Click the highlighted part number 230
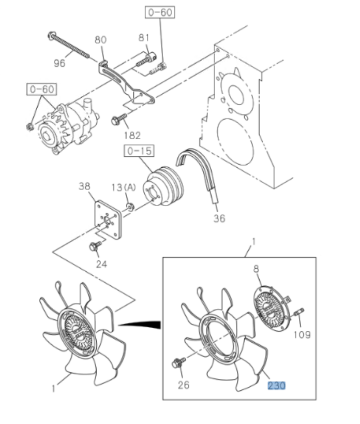coord(276,385)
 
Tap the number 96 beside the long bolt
coord(60,64)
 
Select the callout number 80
coord(100,40)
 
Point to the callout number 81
coord(144,38)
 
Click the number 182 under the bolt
coord(133,136)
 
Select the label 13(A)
coord(123,187)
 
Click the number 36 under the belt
coord(219,218)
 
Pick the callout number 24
coord(101,265)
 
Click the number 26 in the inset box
coord(184,385)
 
